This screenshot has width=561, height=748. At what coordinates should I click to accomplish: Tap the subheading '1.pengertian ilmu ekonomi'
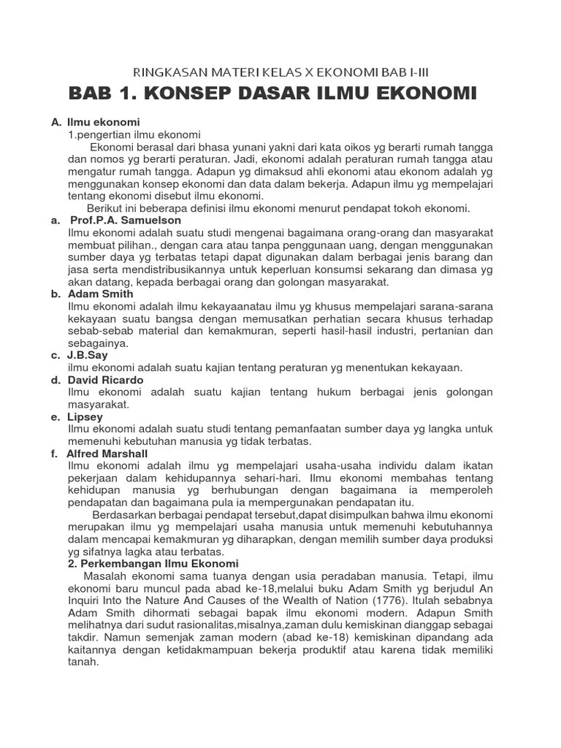click(x=134, y=134)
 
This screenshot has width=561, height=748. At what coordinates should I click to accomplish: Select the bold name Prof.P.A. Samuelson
click(x=126, y=220)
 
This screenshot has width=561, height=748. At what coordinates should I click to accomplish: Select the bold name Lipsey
click(x=85, y=416)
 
